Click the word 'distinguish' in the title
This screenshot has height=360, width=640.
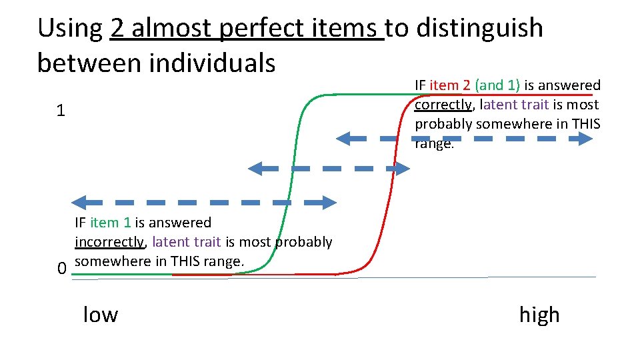478,29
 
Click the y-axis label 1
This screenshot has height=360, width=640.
61,111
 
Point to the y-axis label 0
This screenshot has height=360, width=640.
61,269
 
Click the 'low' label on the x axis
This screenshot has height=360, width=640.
100,314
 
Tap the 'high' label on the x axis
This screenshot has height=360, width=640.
539,314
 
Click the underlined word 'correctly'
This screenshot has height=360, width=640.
443,105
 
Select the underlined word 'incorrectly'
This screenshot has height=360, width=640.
109,241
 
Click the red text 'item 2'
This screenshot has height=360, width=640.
451,85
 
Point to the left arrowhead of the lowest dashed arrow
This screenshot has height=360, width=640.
79,201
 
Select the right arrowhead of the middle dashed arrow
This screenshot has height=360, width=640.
403,169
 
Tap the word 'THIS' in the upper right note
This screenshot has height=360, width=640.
583,124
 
